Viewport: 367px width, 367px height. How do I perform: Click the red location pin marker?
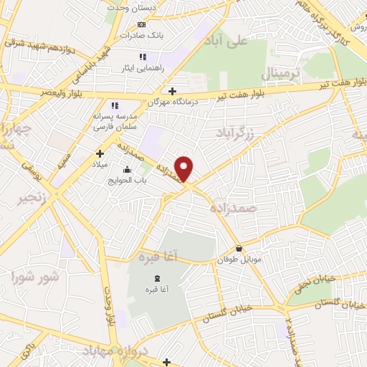click(x=185, y=168)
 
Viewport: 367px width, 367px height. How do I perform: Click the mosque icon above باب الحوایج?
click(x=128, y=170)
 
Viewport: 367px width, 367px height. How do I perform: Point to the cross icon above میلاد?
click(x=100, y=153)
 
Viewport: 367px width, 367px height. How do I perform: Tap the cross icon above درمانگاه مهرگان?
click(x=171, y=91)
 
